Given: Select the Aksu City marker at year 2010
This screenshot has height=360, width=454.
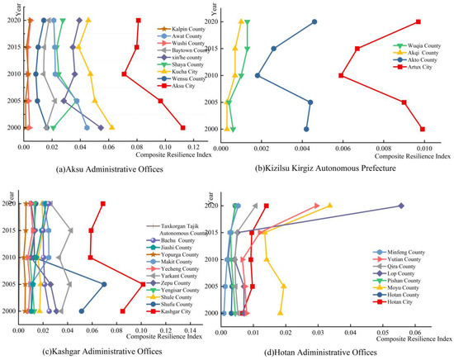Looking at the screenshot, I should (125, 74).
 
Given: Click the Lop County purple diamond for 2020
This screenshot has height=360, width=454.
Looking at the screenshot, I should (401, 206).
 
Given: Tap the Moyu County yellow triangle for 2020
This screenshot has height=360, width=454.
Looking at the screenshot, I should (329, 206).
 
